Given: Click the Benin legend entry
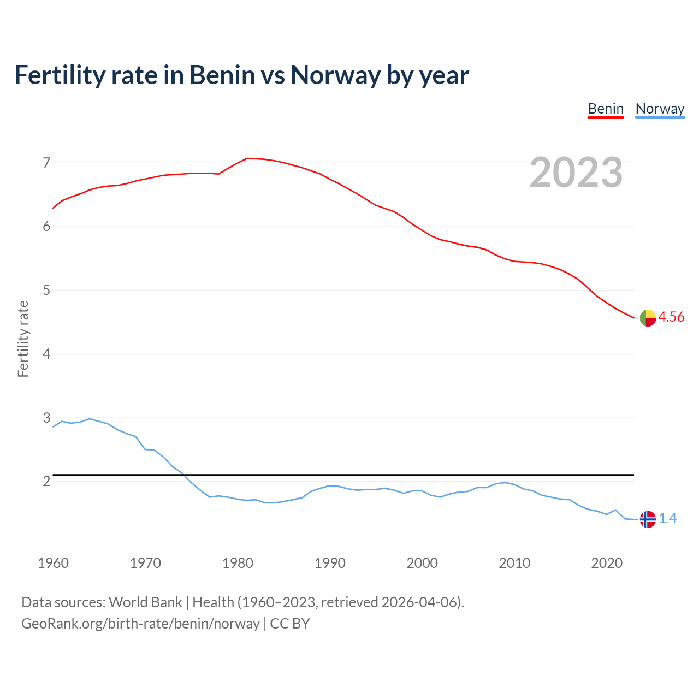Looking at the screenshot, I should (x=606, y=109).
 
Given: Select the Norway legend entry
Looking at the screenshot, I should (x=660, y=109).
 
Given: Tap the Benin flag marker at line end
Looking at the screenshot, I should (x=648, y=318).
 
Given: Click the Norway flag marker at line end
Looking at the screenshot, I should (x=648, y=519).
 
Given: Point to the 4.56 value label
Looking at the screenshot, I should (x=671, y=317).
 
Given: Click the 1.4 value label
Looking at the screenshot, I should (x=667, y=519).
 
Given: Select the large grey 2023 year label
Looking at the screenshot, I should (x=576, y=173).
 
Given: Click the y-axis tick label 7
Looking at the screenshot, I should (x=46, y=163).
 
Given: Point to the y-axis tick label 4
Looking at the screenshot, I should (x=46, y=354).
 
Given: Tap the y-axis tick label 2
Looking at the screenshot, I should (x=46, y=481).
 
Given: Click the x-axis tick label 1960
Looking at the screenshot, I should (x=53, y=563).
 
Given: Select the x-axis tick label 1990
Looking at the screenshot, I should (x=330, y=563).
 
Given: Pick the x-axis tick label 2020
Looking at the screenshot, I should (x=607, y=563).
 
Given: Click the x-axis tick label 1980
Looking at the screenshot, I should (x=238, y=563).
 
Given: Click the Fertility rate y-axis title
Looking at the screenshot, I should (x=23, y=339).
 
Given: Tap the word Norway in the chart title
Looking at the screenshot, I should (x=335, y=75).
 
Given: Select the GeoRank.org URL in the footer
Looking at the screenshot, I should (x=140, y=624).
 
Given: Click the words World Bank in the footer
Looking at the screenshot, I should (x=145, y=602).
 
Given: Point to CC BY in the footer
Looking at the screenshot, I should (x=290, y=624).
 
